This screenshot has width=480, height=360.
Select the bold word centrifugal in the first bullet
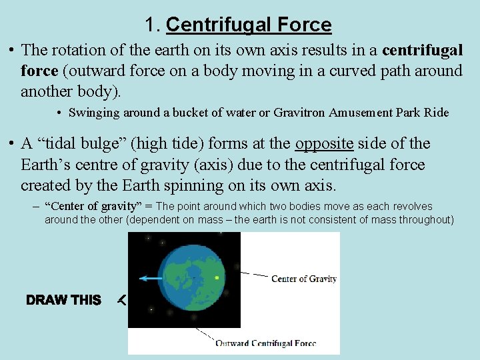click(x=422, y=51)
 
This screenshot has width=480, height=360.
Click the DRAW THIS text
click(x=64, y=301)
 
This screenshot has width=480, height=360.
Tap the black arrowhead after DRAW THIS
click(x=121, y=301)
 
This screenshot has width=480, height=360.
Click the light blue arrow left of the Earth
click(x=150, y=278)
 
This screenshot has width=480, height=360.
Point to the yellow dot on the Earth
click(x=217, y=277)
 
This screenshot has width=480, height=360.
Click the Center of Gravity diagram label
click(x=303, y=279)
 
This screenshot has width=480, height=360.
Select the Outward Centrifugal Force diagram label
click(x=265, y=343)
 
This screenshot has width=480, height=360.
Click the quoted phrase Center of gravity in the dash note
click(x=85, y=207)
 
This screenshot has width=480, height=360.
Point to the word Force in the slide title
click(x=304, y=25)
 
